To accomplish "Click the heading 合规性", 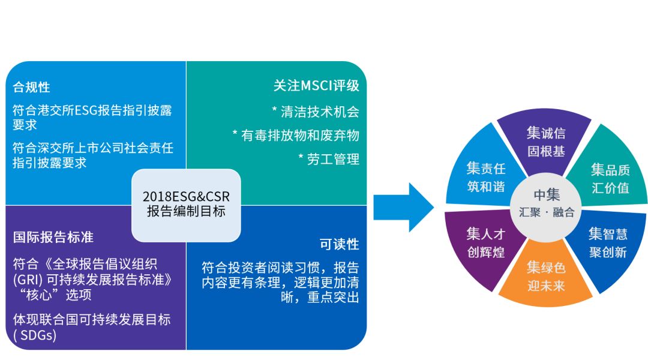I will click(x=31, y=87).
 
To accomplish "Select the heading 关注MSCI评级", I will click(x=316, y=86).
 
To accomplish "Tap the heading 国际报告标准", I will click(x=53, y=237).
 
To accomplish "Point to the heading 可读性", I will click(x=339, y=244).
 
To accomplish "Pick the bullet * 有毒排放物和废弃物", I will click(x=295, y=135).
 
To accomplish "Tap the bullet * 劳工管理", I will click(x=328, y=159).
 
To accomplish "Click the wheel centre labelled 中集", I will click(x=547, y=195).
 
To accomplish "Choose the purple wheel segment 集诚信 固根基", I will click(x=546, y=142).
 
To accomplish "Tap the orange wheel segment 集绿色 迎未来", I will click(x=546, y=276).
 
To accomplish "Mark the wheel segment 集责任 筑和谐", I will click(x=485, y=177).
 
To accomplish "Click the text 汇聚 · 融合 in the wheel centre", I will click(x=547, y=212).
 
